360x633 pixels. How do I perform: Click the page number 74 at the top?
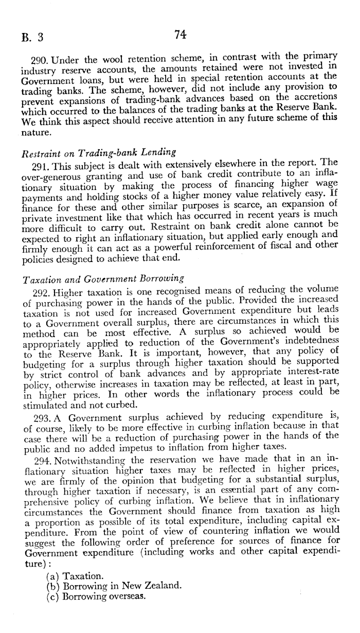coord(179,34)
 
